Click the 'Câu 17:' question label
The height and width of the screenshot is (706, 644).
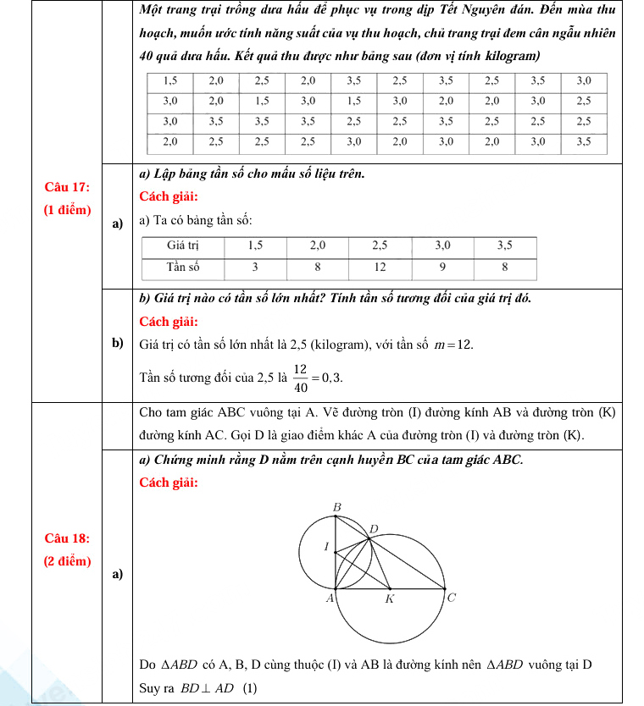67,187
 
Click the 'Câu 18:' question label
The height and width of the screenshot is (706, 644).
67,538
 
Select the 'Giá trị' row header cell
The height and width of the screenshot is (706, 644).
182,245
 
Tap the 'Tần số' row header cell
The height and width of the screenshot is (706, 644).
182,267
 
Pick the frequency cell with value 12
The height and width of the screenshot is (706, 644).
380,267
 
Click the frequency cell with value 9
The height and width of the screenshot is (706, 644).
442,267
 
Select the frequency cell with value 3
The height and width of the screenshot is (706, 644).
255,267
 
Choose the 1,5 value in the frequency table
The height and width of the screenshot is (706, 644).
255,245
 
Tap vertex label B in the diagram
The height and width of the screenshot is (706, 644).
336,507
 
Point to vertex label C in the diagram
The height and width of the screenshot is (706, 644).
452,598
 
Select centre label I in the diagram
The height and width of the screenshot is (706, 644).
326,548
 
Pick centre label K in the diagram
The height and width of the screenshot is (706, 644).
390,599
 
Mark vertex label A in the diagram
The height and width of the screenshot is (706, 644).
330,598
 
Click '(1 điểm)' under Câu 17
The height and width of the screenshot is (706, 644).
67,210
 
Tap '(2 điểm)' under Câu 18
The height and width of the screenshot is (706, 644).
67,560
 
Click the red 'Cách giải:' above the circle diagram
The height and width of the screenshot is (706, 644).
169,483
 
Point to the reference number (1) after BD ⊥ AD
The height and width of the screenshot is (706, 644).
250,688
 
